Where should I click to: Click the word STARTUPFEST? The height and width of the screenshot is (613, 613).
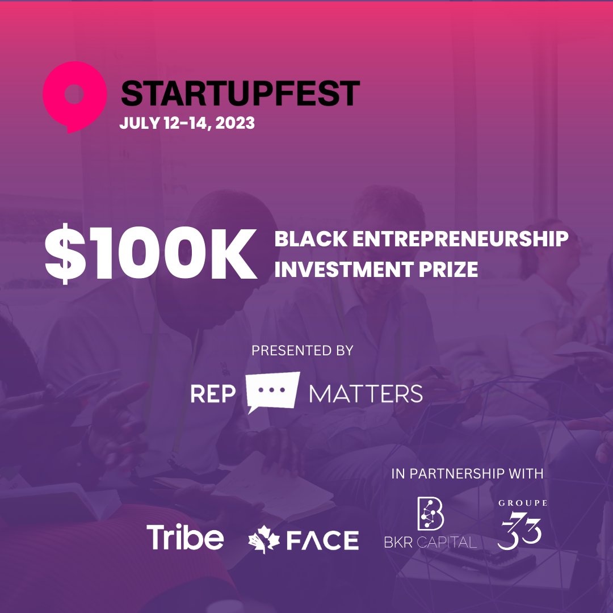pos(240,94)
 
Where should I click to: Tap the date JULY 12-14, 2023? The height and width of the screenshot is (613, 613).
pos(187,123)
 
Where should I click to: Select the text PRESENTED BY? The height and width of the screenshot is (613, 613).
pos(302,351)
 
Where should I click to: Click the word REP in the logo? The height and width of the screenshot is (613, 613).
pos(213,394)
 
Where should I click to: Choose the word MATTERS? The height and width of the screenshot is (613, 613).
pos(366,394)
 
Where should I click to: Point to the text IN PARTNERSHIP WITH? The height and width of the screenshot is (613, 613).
pos(467,473)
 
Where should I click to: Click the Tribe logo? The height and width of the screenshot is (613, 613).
pos(185,536)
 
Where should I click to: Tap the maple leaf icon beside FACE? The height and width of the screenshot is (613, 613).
pos(264,540)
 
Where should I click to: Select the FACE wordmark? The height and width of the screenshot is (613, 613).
pos(322,540)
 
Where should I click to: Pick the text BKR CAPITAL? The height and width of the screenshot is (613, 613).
pos(430,542)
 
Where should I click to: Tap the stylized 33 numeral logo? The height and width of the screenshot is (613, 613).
pos(520,531)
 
